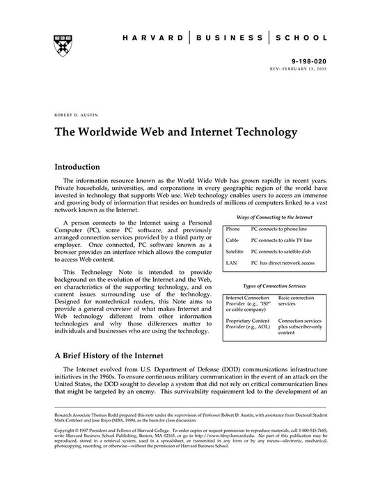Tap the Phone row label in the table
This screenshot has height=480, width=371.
tap(233, 228)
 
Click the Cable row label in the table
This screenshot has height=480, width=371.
tap(233, 239)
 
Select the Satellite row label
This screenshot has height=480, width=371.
tap(236, 251)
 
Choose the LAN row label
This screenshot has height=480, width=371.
tap(232, 263)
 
